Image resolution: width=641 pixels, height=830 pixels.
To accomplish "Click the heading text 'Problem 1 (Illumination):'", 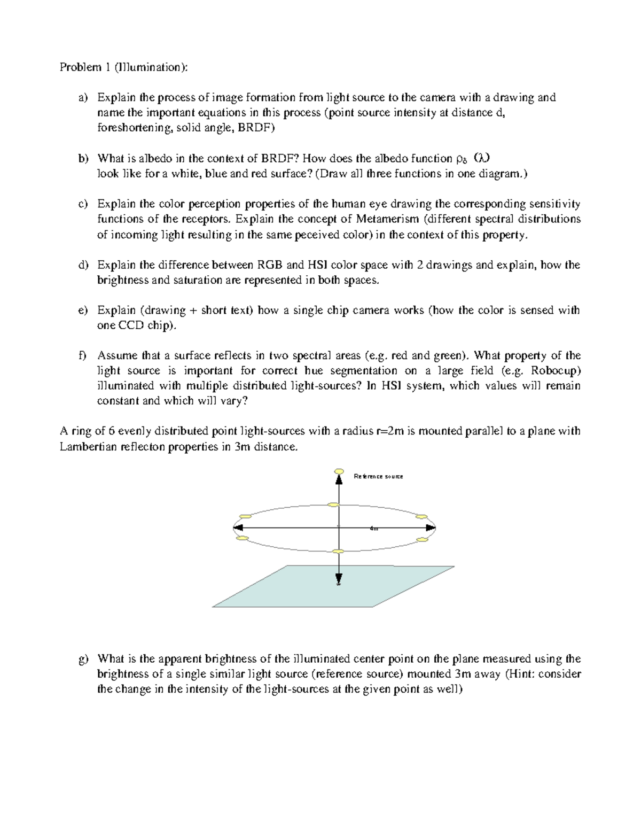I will pos(123,67).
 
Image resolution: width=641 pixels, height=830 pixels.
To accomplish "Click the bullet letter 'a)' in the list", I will pos(82,98).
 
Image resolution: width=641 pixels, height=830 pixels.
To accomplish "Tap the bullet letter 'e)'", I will pos(82,311).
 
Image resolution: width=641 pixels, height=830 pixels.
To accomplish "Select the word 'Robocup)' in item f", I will pos(557,371).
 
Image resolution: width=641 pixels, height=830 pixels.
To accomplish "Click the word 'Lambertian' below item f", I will pos(84,447).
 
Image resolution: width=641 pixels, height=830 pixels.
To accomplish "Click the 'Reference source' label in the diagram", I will pos(378,476).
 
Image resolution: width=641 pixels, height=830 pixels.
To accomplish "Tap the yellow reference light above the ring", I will pos(338,471).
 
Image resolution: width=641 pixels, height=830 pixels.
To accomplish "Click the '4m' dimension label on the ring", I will pos(374,529).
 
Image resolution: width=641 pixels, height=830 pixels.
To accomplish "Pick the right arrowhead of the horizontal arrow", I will pos(431,528).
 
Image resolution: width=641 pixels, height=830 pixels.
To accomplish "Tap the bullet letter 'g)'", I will pos(82,659).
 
